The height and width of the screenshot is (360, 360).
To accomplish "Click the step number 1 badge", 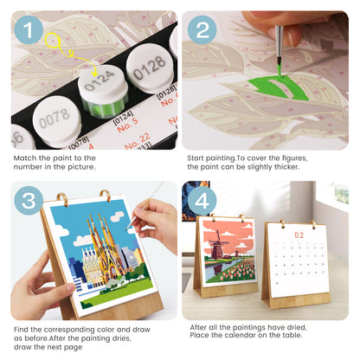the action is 29,29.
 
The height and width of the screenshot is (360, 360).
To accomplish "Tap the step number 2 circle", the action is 202,29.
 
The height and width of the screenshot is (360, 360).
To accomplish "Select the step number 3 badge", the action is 29,201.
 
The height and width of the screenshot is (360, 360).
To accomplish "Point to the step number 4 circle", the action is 202,201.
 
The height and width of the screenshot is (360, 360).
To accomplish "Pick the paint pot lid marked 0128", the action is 150,67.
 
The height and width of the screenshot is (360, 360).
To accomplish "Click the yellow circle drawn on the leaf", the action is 53,40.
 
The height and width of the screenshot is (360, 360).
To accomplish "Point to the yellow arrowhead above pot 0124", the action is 93,71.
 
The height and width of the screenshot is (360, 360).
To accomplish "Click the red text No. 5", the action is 127,125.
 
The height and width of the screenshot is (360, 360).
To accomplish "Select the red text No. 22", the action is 138,141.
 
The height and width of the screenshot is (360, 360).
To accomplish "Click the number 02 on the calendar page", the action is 299,235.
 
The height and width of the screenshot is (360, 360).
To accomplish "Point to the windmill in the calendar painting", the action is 218,245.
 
